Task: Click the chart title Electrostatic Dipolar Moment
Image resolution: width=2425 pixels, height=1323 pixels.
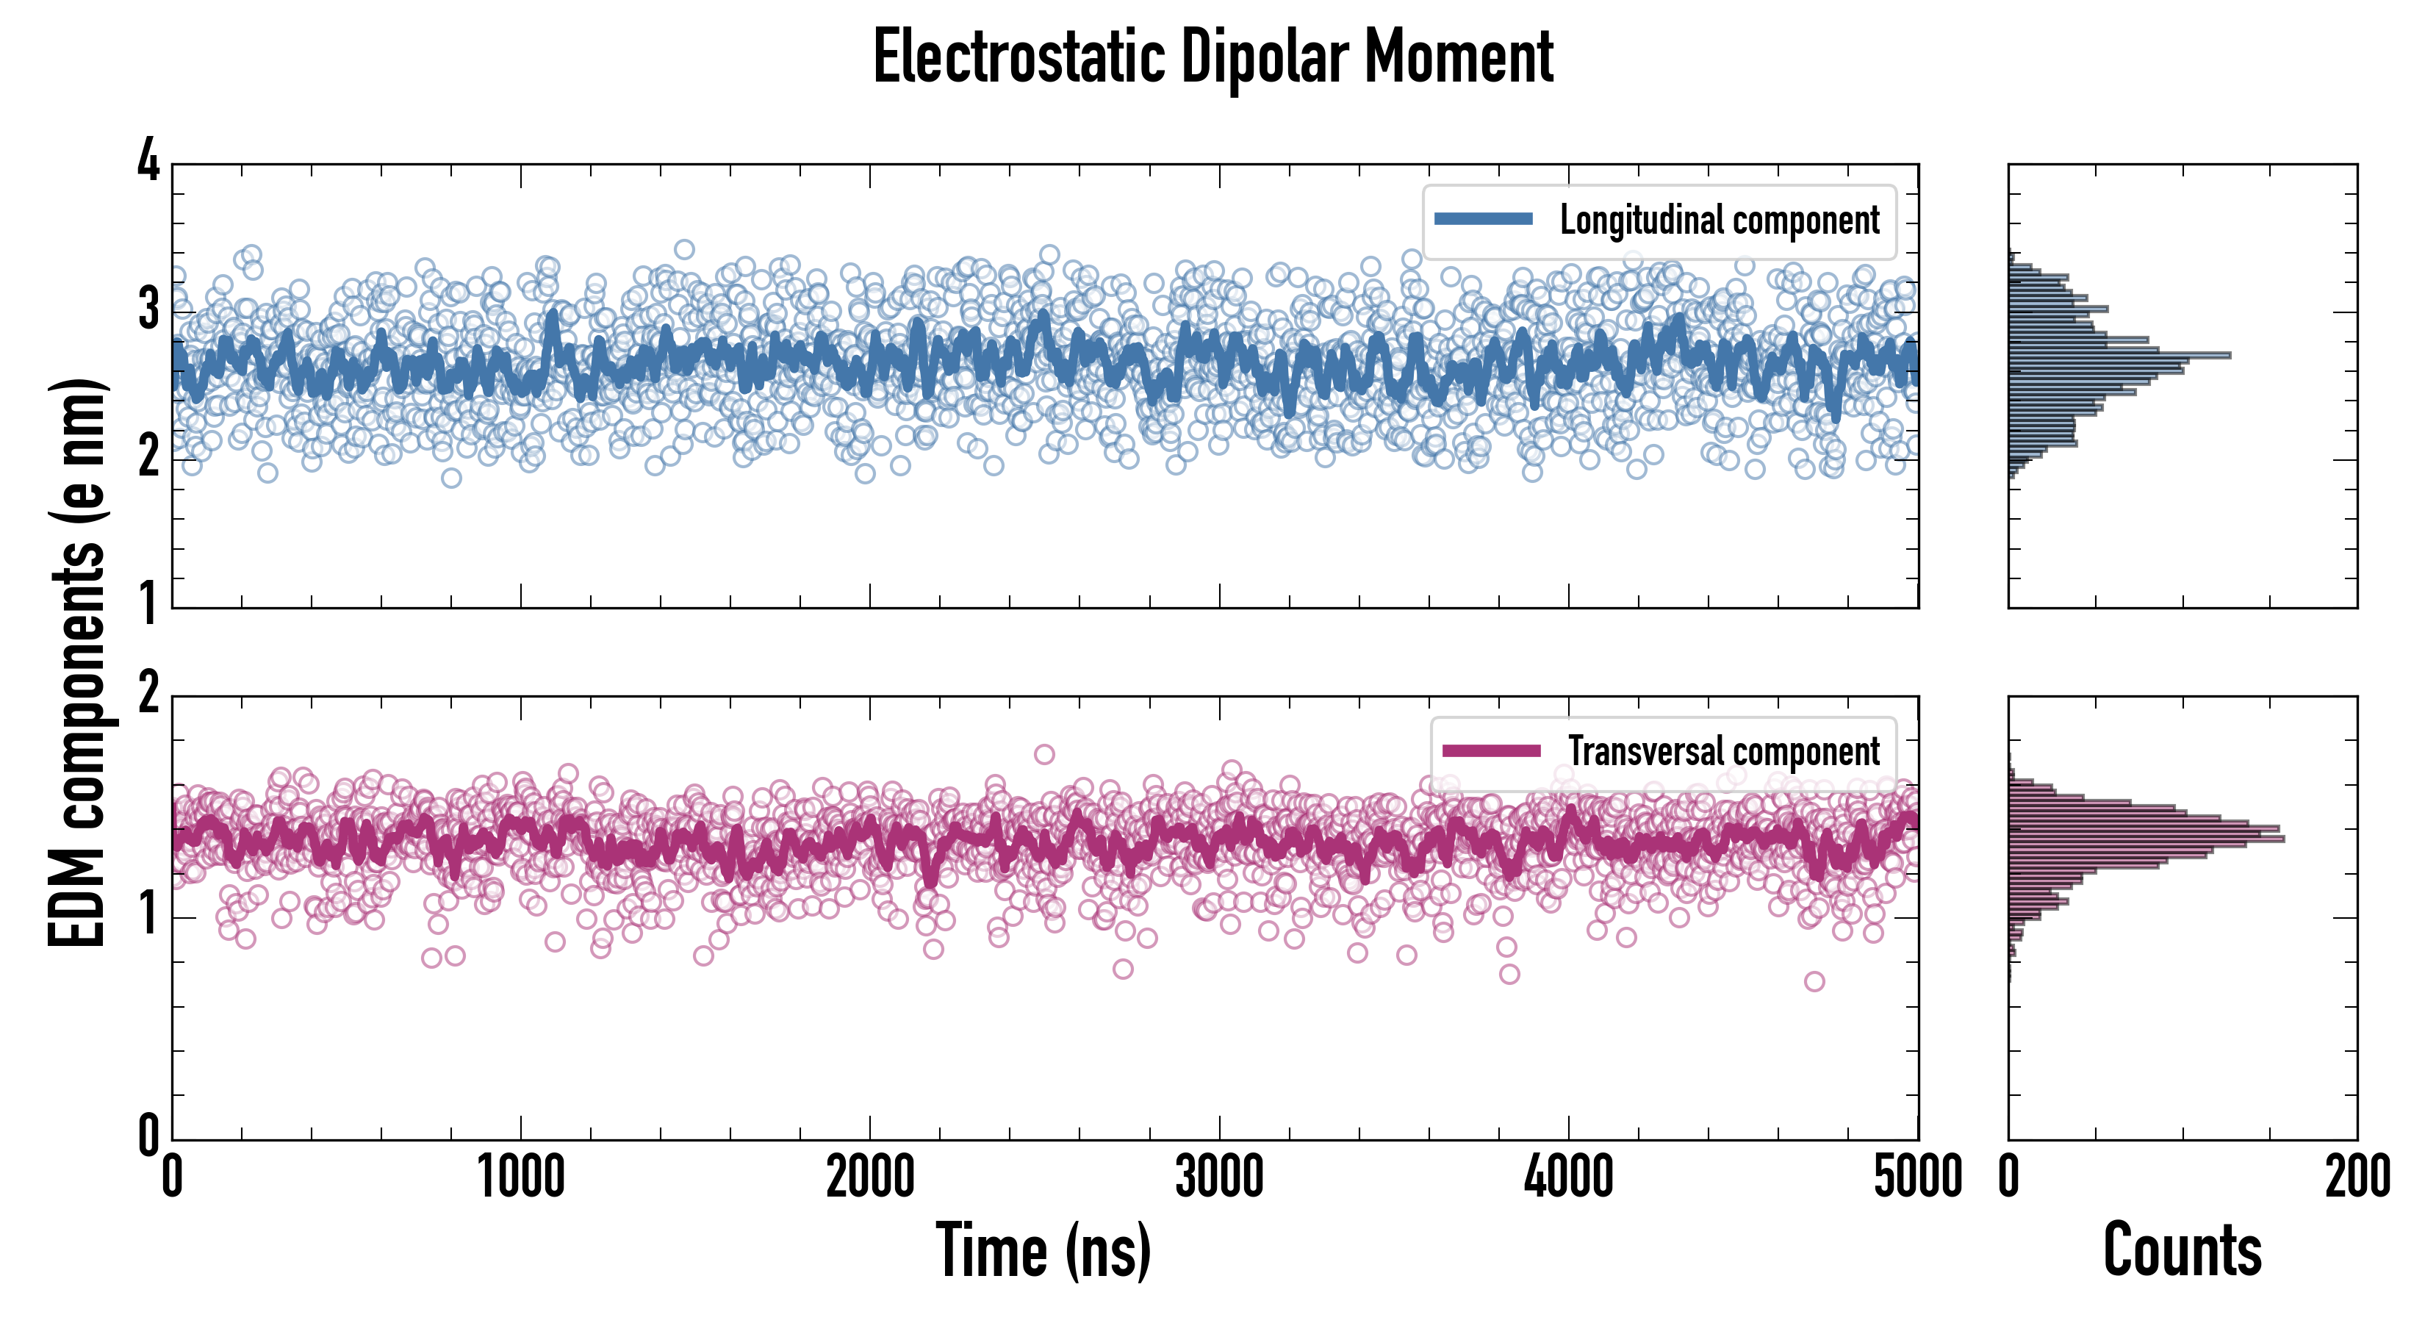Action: [1212, 58]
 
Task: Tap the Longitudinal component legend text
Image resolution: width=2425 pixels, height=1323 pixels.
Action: [1719, 220]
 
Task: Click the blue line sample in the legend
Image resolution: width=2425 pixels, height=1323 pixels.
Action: [1483, 220]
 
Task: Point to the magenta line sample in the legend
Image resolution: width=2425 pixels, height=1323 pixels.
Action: [1491, 750]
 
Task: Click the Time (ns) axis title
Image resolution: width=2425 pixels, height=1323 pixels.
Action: [1043, 1250]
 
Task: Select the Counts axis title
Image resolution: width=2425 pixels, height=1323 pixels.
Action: [2182, 1250]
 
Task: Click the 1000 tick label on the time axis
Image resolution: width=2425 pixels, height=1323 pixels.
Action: [520, 1177]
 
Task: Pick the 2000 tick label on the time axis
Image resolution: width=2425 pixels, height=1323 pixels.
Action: [870, 1177]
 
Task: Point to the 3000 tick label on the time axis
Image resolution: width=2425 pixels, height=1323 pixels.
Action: [1219, 1177]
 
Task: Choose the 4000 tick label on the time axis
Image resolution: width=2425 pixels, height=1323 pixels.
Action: [1568, 1177]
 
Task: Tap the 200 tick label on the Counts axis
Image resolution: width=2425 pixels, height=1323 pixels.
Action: [2357, 1177]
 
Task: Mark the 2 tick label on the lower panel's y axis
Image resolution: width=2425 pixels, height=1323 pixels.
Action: [148, 695]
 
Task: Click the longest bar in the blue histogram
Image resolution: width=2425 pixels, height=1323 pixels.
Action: [2118, 355]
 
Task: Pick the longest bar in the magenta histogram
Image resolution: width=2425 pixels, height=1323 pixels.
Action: [2146, 838]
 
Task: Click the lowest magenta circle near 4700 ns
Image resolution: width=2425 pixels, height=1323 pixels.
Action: [1814, 981]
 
